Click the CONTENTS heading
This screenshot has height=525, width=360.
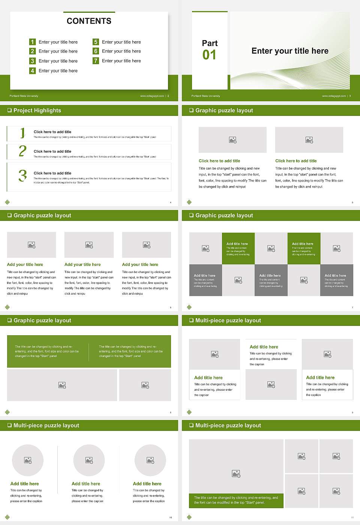point(89,21)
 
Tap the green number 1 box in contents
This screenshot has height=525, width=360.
point(33,42)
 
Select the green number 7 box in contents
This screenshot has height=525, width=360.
point(96,61)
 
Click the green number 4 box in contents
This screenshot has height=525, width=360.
point(33,70)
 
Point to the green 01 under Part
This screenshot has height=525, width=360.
point(209,55)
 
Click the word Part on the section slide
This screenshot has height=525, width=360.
point(210,43)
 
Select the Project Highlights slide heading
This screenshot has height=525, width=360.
point(37,110)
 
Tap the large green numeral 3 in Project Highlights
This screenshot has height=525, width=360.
point(22,175)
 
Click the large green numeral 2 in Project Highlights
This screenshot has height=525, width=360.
point(22,151)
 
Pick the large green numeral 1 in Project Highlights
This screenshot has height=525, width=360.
point(22,133)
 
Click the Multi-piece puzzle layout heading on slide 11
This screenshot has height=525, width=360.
point(228,425)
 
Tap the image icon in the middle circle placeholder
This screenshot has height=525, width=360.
point(89,460)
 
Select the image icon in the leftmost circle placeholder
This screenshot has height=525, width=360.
point(28,460)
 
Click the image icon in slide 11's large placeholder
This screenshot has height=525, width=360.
point(236,474)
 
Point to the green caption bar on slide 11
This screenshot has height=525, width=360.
point(236,500)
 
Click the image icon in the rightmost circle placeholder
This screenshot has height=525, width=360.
point(150,460)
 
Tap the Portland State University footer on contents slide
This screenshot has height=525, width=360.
point(24,96)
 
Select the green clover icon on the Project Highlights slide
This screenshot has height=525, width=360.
point(7,202)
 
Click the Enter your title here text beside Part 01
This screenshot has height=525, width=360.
point(290,51)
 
